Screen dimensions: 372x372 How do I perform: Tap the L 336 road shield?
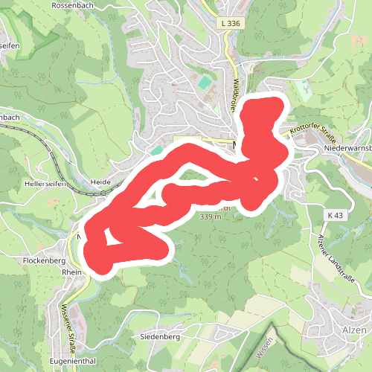tap(231, 24)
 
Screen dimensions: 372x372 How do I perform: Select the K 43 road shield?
tap(336, 215)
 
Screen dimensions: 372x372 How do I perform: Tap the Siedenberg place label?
tap(161, 336)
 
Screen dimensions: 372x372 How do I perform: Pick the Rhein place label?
tap(72, 272)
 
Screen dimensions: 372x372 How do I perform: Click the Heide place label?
tap(100, 182)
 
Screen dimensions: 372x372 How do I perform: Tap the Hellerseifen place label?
tap(46, 183)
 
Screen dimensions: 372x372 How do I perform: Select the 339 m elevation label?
tap(211, 217)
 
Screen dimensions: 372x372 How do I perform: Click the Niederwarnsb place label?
tap(347, 148)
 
